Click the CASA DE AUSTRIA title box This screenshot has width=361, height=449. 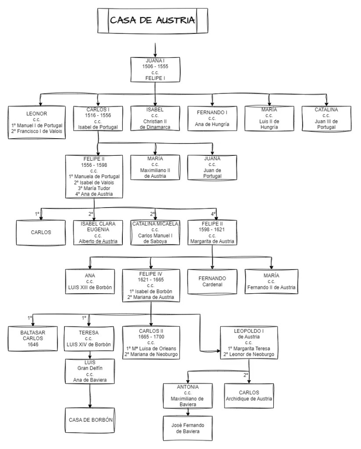pos(152,20)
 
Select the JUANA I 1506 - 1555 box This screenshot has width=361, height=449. pos(155,69)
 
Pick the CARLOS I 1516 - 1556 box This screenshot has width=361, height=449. pos(98,119)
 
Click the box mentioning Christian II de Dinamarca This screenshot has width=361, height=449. pos(155,118)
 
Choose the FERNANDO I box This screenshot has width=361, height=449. pos(212,118)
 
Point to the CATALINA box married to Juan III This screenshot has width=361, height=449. pos(326,118)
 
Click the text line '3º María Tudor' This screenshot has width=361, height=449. pos(94,188)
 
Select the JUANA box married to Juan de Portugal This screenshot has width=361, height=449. pos(212,167)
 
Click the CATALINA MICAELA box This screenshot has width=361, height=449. pos(155,232)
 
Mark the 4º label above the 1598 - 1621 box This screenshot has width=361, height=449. pos(213,214)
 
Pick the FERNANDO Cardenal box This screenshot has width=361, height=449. pos(212,281)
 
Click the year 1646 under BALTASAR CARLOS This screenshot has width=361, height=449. pos(33,344)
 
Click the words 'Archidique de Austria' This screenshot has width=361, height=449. pos(249,399)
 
